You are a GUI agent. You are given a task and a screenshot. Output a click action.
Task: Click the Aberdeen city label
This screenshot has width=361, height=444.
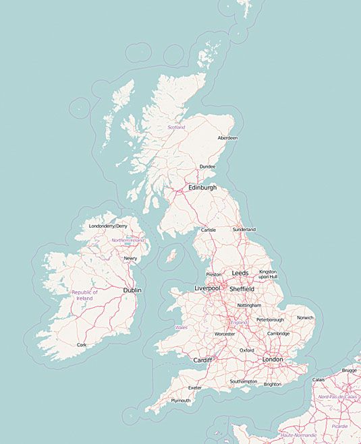tap(227, 138)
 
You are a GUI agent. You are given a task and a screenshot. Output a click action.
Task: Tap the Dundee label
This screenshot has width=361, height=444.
tap(207, 167)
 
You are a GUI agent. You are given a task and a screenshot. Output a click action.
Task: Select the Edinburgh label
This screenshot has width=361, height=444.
tap(202, 188)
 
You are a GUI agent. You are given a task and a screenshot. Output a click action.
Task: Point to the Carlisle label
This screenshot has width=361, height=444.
tap(208, 230)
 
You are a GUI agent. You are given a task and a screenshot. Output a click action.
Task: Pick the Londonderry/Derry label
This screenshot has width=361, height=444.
tap(108, 226)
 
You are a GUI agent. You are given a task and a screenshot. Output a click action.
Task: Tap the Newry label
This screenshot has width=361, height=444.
tap(130, 258)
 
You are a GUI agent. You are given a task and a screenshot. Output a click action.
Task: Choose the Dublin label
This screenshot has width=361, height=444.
tap(132, 290)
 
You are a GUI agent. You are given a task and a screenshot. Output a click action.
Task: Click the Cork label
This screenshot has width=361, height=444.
tap(82, 344)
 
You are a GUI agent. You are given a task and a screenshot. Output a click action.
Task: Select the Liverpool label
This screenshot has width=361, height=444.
tap(207, 288)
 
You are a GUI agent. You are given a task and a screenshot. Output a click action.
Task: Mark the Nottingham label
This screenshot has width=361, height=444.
tap(248, 305)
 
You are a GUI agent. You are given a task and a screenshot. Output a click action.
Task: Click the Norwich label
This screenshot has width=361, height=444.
tap(305, 317)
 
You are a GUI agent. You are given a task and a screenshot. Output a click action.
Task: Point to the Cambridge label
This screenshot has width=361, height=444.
tap(278, 334)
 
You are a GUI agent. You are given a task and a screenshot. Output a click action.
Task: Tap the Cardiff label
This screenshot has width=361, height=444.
tap(202, 360)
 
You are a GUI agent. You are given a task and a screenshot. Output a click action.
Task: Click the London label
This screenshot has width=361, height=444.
tap(273, 360)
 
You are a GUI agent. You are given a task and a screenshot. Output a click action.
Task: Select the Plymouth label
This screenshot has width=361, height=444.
tap(181, 400)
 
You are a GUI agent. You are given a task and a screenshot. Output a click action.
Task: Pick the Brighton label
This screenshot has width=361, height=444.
tap(273, 384)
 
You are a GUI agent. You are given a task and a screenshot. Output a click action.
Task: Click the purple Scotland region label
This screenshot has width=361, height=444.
tap(176, 127)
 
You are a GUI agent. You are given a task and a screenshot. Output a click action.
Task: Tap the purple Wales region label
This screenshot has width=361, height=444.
tap(181, 327)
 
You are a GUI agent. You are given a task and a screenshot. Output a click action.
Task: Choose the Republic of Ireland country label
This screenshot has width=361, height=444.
tap(84, 295)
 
